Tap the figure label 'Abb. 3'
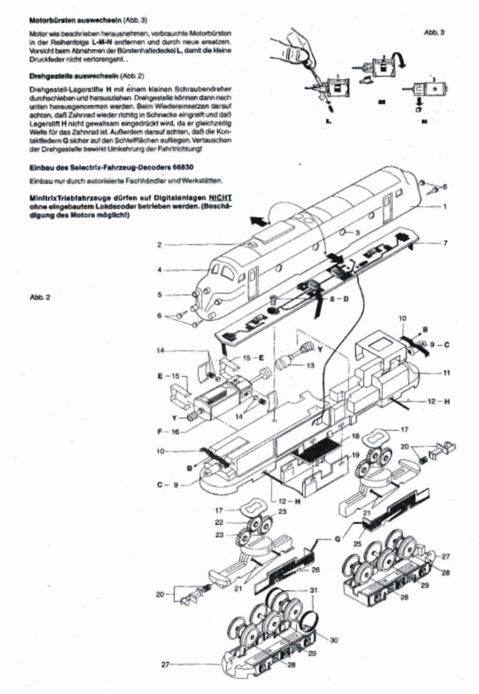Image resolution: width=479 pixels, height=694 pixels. click(433, 32)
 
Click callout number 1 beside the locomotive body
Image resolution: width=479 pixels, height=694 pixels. click(445, 207)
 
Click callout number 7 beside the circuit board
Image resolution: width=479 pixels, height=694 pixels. click(445, 243)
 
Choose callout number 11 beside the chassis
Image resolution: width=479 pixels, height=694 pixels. click(446, 372)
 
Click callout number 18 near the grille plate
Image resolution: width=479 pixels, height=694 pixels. click(355, 436)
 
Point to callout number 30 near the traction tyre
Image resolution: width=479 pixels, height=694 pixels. click(334, 640)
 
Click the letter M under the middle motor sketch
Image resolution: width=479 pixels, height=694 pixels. click(381, 102)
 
